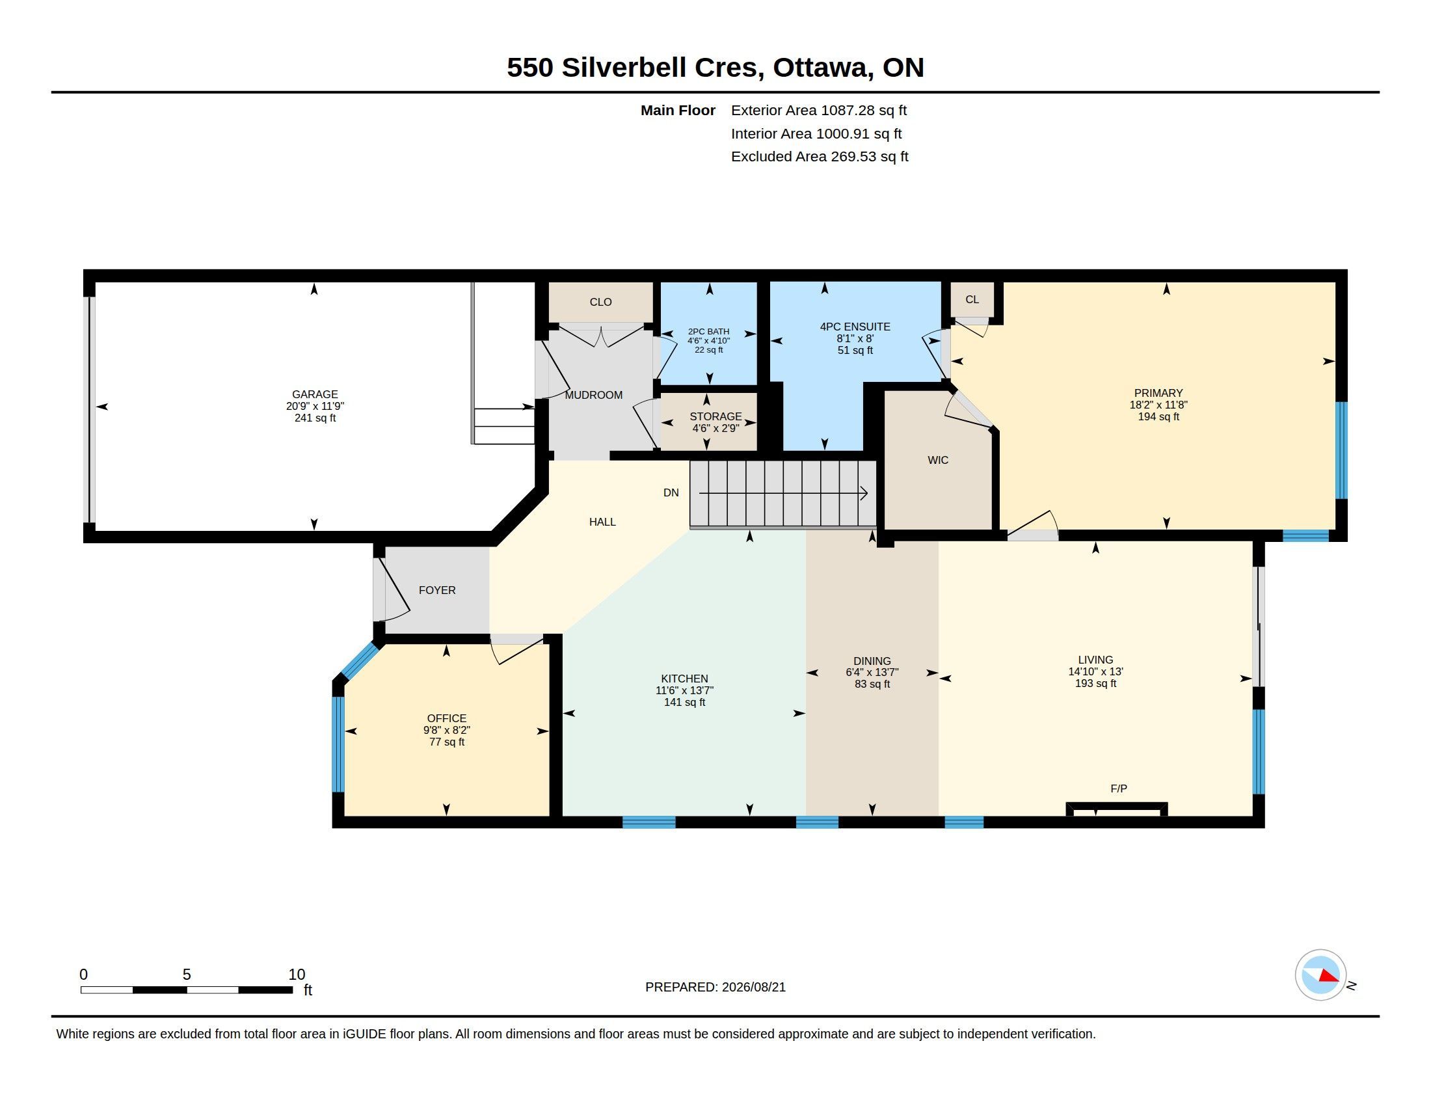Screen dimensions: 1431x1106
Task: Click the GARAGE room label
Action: click(315, 394)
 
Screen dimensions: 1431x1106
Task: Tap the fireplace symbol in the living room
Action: click(1116, 809)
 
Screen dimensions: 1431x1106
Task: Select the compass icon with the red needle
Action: click(1320, 975)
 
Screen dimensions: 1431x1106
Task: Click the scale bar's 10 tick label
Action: click(297, 975)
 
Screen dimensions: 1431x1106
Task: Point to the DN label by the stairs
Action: click(671, 492)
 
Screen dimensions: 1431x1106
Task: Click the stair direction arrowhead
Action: click(864, 493)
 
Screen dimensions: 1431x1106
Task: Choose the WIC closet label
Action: click(937, 460)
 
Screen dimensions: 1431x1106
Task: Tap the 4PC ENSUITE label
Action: click(855, 327)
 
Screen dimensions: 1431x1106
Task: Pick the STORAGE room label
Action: click(716, 416)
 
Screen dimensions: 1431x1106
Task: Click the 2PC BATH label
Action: click(708, 332)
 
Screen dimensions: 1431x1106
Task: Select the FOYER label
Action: click(437, 590)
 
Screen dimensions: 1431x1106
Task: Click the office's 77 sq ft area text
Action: click(447, 742)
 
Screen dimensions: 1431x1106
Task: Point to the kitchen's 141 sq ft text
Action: click(685, 703)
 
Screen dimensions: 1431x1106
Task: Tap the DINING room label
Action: click(872, 661)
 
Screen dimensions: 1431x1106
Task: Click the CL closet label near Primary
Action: click(972, 299)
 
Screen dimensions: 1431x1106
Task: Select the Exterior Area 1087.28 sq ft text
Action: click(819, 110)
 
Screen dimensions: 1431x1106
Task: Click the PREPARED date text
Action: click(716, 987)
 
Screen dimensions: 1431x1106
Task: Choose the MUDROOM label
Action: click(594, 395)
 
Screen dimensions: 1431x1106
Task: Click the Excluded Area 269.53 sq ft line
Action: click(820, 157)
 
